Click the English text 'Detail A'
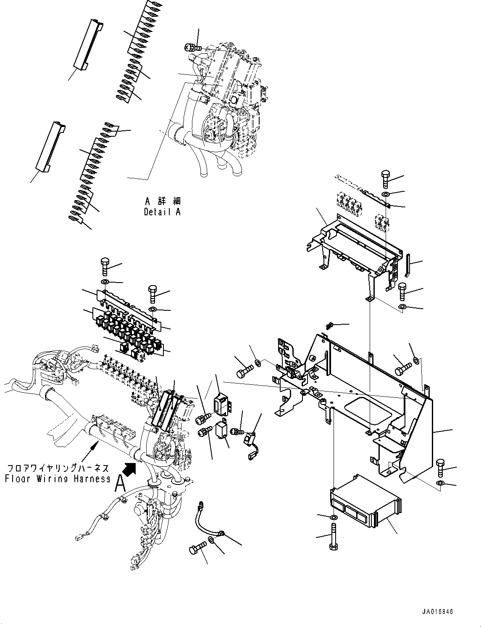(x=162, y=212)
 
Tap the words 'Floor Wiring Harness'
(x=58, y=479)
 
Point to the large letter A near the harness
(x=121, y=484)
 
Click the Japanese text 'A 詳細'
(x=162, y=202)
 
